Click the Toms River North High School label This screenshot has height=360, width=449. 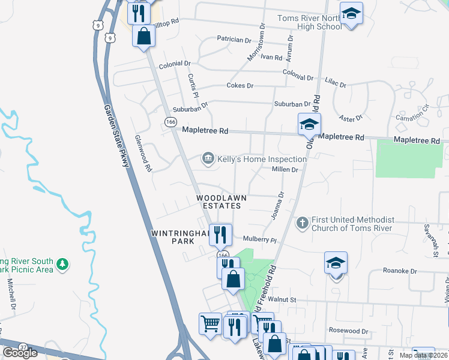pyautogui.click(x=309, y=22)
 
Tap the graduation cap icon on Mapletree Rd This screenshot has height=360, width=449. pyautogui.click(x=309, y=124)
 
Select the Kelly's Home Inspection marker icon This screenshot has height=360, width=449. pyautogui.click(x=208, y=158)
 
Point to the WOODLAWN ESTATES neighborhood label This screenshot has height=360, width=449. pyautogui.click(x=218, y=202)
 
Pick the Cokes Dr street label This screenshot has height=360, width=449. pyautogui.click(x=240, y=86)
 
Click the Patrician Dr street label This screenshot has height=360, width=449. pyautogui.click(x=234, y=40)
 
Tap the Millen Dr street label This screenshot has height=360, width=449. pyautogui.click(x=285, y=170)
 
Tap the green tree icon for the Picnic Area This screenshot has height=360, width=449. pyautogui.click(x=62, y=264)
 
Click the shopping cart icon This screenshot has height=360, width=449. pyautogui.click(x=209, y=324)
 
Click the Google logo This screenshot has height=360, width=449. pyautogui.click(x=20, y=353)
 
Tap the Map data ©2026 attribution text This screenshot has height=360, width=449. pyautogui.click(x=423, y=355)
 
